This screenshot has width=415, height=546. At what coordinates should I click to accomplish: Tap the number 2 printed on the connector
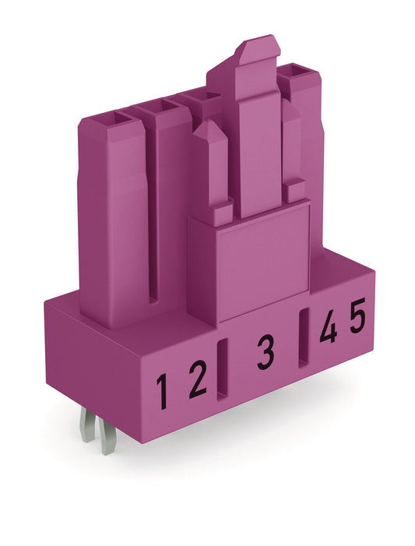(198, 381)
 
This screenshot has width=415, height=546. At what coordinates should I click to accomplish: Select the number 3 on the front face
(266, 354)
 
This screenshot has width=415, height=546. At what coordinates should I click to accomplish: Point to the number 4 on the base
(328, 329)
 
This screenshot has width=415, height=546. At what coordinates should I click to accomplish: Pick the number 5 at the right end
(357, 319)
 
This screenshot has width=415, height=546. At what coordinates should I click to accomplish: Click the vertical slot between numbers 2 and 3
(223, 366)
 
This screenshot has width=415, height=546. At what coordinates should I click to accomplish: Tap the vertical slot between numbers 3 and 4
(304, 336)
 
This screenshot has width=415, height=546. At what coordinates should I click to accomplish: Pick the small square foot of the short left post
(222, 210)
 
